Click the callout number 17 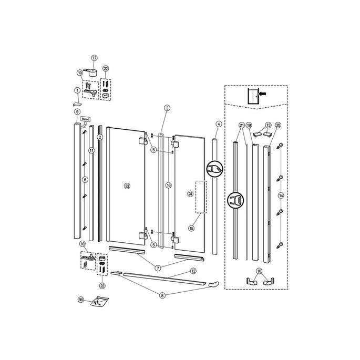pyautogui.click(x=95, y=58)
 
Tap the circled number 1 pyautogui.click(x=77, y=90)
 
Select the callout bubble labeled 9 pyautogui.click(x=77, y=112)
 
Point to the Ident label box pyautogui.click(x=86, y=119)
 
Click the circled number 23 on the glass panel pyautogui.click(x=127, y=186)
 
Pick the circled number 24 pyautogui.click(x=190, y=194)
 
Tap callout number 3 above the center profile pyautogui.click(x=167, y=108)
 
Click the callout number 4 pyautogui.click(x=218, y=124)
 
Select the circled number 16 pyautogui.click(x=168, y=186)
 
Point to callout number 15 pyautogui.click(x=191, y=229)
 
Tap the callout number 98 pyautogui.click(x=81, y=300)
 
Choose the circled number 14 pyautogui.click(x=281, y=195)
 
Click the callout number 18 pyautogui.click(x=259, y=271)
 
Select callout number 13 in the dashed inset pyautogui.click(x=269, y=125)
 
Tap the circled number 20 pyautogui.click(x=278, y=125)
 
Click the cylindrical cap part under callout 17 pyautogui.click(x=93, y=71)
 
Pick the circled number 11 pyautogui.click(x=91, y=150)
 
